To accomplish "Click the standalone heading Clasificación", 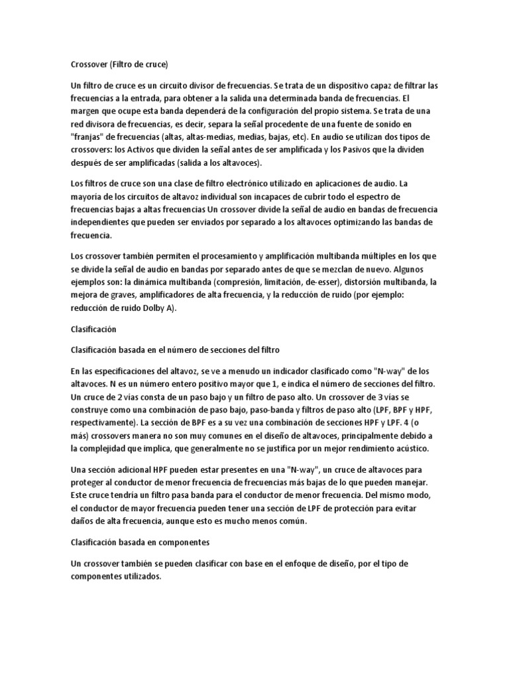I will coord(93,328).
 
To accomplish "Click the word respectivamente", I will coord(104,422).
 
